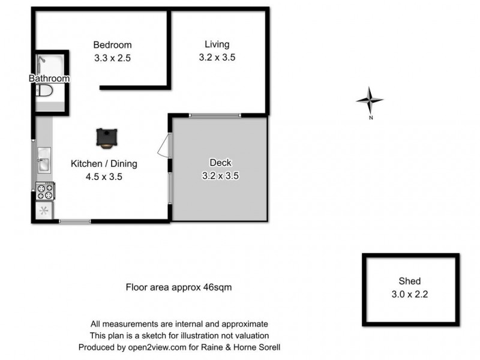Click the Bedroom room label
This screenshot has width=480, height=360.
[112, 45]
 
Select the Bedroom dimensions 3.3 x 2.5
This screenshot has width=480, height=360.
[112, 59]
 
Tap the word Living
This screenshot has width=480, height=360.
[217, 44]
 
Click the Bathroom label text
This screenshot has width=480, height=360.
[49, 79]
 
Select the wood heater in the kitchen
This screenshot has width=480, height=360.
[107, 137]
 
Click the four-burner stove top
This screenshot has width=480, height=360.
[45, 191]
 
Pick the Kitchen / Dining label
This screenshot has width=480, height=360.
[104, 163]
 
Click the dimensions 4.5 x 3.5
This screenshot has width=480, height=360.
[104, 176]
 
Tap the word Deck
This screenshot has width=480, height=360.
[220, 163]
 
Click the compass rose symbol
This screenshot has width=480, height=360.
[370, 100]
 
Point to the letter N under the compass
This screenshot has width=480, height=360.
[371, 118]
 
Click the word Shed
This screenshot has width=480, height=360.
[410, 281]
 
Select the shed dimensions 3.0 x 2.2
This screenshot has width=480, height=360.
[410, 294]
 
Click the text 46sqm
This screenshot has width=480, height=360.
[215, 287]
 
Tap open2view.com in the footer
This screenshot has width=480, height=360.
[145, 347]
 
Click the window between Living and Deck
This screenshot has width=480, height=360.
[215, 115]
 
